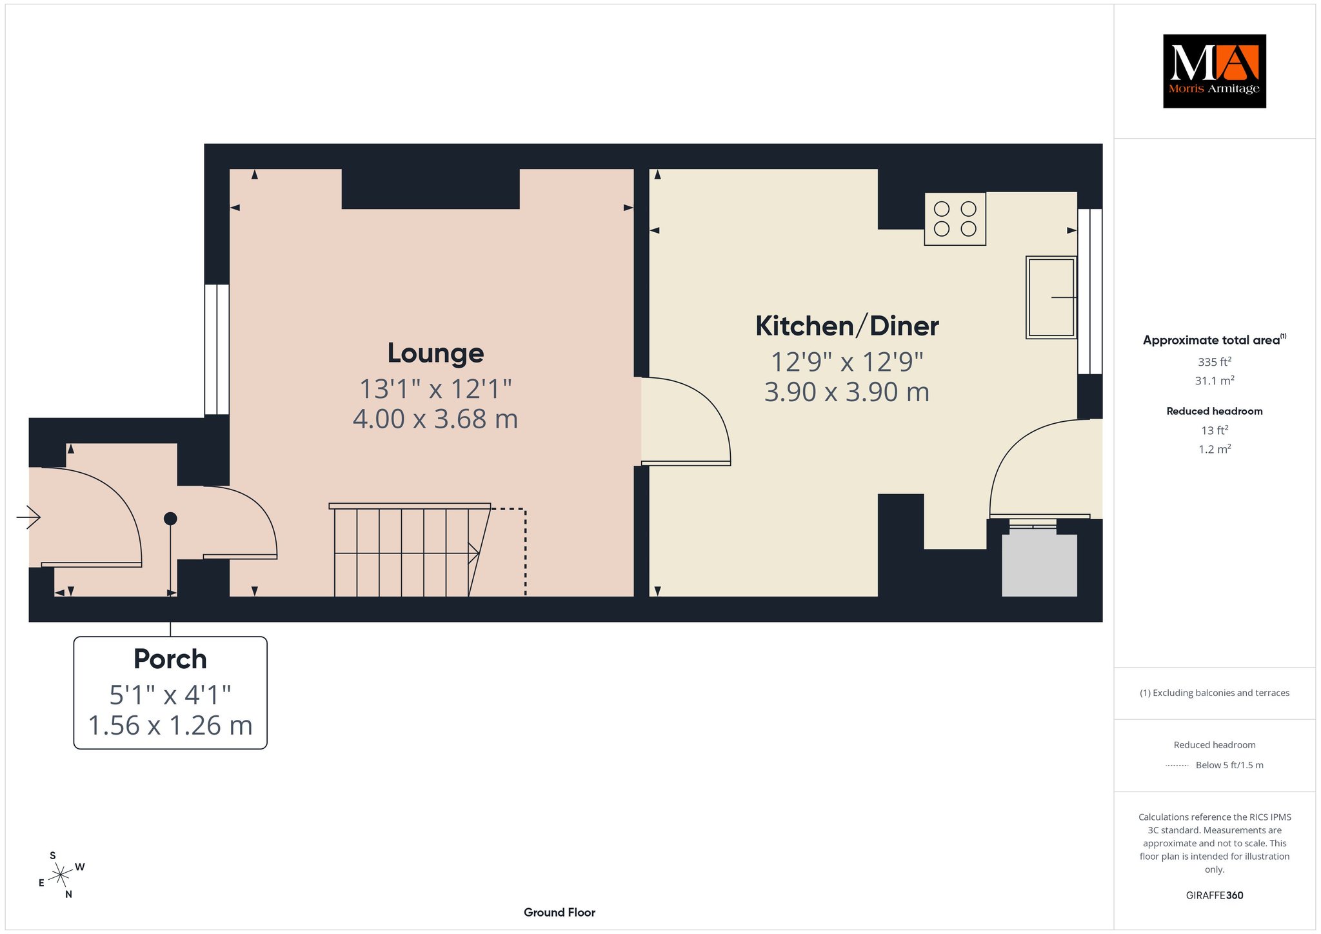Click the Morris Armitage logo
[x=1214, y=71]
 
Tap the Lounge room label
[x=435, y=353]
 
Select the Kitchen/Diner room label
[x=847, y=326]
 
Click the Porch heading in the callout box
[x=170, y=659]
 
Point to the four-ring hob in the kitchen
[x=955, y=219]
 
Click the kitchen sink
[x=1051, y=297]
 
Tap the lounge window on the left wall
[x=217, y=349]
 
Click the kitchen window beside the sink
[x=1090, y=291]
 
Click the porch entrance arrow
[x=28, y=517]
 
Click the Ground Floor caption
[x=559, y=912]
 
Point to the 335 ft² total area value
[x=1215, y=362]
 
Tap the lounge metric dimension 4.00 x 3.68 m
[x=435, y=419]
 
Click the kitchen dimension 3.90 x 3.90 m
[x=847, y=392]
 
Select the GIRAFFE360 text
[x=1215, y=895]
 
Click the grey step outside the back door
[x=1039, y=562]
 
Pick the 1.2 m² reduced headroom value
[x=1215, y=449]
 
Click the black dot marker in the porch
[x=170, y=519]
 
